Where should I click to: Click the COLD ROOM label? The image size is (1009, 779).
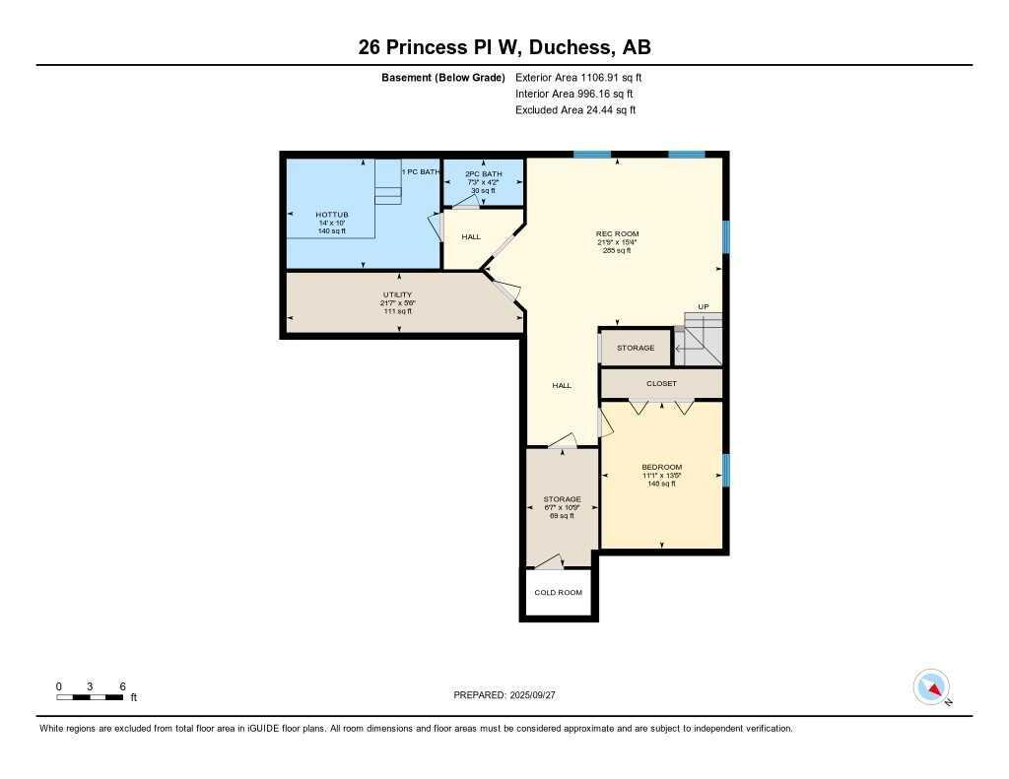point(558,593)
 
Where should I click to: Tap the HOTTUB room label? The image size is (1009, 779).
point(332,214)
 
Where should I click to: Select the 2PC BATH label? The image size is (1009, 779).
point(483,173)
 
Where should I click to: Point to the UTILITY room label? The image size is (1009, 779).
point(397,294)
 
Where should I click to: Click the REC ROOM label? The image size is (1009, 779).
point(617,233)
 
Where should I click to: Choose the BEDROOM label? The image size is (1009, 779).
point(661,467)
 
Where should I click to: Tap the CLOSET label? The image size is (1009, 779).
point(661,383)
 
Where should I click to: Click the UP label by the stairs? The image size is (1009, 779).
point(703,306)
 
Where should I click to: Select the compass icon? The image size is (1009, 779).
point(931,687)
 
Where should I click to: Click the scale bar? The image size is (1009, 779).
point(90,697)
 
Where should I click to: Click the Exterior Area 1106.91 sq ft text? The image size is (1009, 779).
point(578,77)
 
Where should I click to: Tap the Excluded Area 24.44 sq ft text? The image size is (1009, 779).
point(575,110)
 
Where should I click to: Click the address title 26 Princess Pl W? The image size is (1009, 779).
point(504,47)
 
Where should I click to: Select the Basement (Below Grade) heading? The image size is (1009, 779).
point(442,77)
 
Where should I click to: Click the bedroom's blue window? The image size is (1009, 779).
point(726,470)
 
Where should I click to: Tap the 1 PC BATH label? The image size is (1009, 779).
point(421,172)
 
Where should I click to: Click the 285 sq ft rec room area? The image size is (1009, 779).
point(617,251)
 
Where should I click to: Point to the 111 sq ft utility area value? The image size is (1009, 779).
point(397,311)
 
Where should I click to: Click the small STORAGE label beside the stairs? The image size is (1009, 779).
point(636,348)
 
